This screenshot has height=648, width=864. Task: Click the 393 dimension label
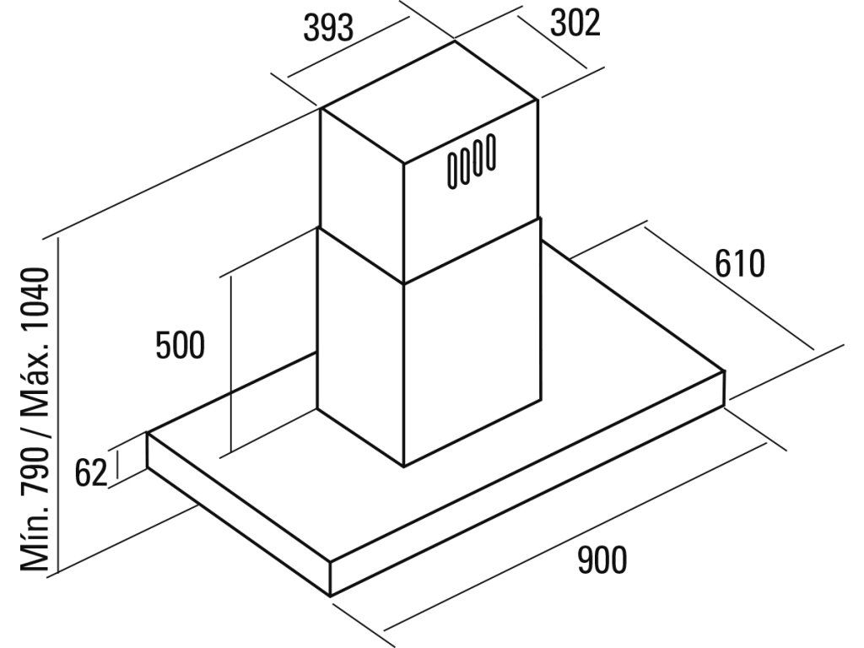pyautogui.click(x=328, y=29)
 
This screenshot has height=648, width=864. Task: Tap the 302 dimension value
pyautogui.click(x=575, y=24)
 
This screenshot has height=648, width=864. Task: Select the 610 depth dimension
pyautogui.click(x=739, y=264)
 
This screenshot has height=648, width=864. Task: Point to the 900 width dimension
pyautogui.click(x=602, y=559)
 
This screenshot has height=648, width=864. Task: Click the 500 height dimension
pyautogui.click(x=181, y=345)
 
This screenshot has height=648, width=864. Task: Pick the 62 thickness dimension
pyautogui.click(x=91, y=473)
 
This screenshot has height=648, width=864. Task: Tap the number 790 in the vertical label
pyautogui.click(x=38, y=460)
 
